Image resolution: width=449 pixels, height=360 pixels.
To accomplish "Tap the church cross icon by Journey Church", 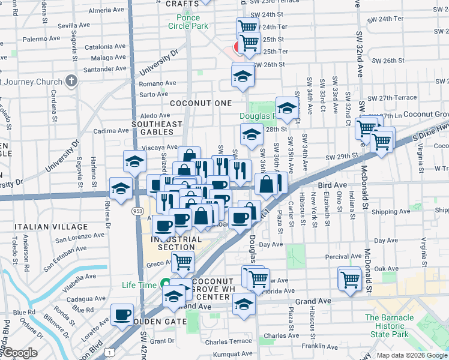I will tap(71, 82).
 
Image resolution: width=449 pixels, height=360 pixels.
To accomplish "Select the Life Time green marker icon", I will tap(166, 285).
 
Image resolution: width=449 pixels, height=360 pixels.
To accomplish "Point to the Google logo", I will tap(19, 353).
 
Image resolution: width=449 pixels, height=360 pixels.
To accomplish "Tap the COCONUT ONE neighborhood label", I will tap(200, 103).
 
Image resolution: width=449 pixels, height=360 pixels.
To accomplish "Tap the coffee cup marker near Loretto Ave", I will tap(122, 314).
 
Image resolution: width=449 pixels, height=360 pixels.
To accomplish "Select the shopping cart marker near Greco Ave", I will tap(182, 261).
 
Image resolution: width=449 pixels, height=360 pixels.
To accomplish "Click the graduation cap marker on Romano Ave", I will tap(243, 74).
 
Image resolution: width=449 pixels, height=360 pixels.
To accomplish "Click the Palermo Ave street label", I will tap(42, 38).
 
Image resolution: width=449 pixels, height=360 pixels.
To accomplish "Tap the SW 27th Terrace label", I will tap(393, 98).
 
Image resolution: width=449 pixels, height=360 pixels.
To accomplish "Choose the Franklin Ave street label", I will tap(319, 346).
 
